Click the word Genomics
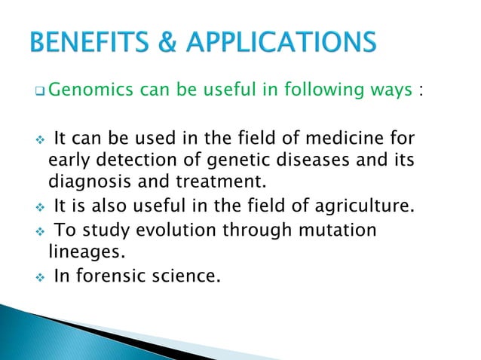(90, 92)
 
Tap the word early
(69, 160)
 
